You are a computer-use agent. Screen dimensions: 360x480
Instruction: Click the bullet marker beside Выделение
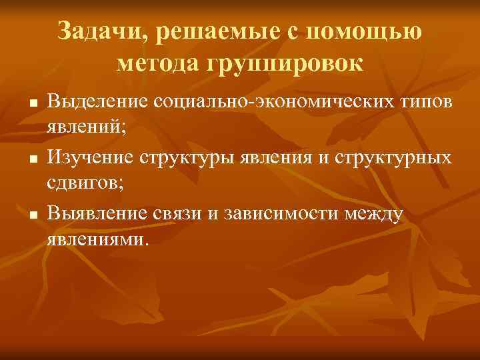tap(31, 105)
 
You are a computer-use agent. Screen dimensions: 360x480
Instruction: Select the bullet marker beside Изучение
tap(31, 159)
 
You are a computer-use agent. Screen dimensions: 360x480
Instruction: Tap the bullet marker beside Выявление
tap(31, 214)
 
